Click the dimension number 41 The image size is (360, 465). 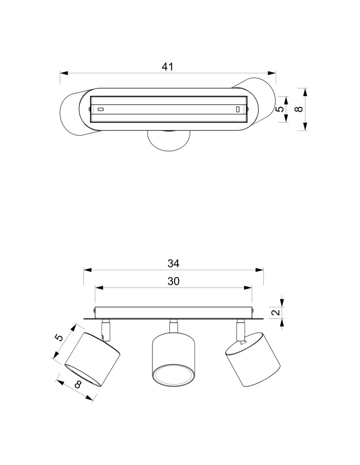167,66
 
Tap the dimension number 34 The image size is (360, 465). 173,263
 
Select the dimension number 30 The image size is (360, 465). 173,281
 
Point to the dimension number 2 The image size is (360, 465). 276,312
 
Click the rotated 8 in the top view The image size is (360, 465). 300,109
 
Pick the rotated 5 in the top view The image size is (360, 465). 280,109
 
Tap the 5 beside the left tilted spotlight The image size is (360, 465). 59,338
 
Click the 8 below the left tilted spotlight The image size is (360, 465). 78,385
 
